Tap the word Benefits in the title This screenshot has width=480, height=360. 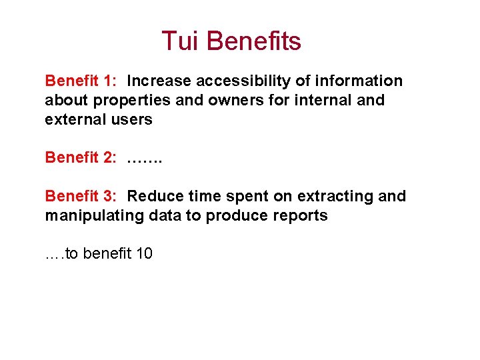tap(253, 41)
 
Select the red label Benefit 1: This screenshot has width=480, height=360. tap(81, 81)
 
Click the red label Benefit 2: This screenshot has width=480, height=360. tap(81, 158)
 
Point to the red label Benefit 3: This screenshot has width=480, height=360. tap(81, 196)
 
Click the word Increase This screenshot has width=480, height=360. tap(159, 81)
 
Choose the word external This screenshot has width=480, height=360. tap(74, 120)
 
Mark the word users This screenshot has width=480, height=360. tap(131, 120)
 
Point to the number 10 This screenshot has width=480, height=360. tap(143, 253)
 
